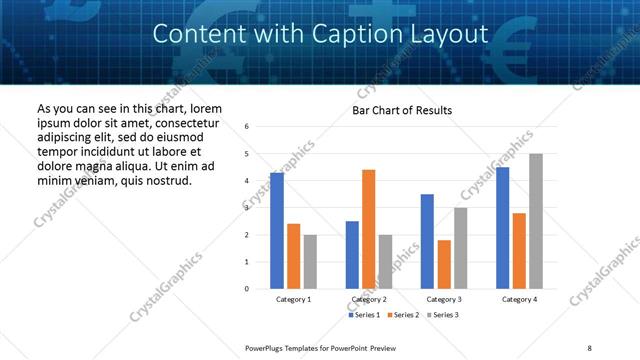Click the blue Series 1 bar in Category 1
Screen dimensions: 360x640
click(x=277, y=231)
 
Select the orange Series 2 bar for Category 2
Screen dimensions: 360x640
click(x=368, y=229)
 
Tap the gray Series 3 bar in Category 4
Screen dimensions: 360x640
click(x=536, y=221)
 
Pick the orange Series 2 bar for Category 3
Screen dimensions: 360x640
click(x=444, y=264)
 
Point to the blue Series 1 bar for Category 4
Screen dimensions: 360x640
click(x=502, y=228)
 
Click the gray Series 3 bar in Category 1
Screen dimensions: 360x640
click(x=310, y=262)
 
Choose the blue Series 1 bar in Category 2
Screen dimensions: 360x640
click(x=352, y=255)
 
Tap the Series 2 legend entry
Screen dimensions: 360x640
click(x=402, y=315)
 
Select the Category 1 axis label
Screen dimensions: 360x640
click(x=294, y=299)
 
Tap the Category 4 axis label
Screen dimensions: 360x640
click(x=519, y=299)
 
